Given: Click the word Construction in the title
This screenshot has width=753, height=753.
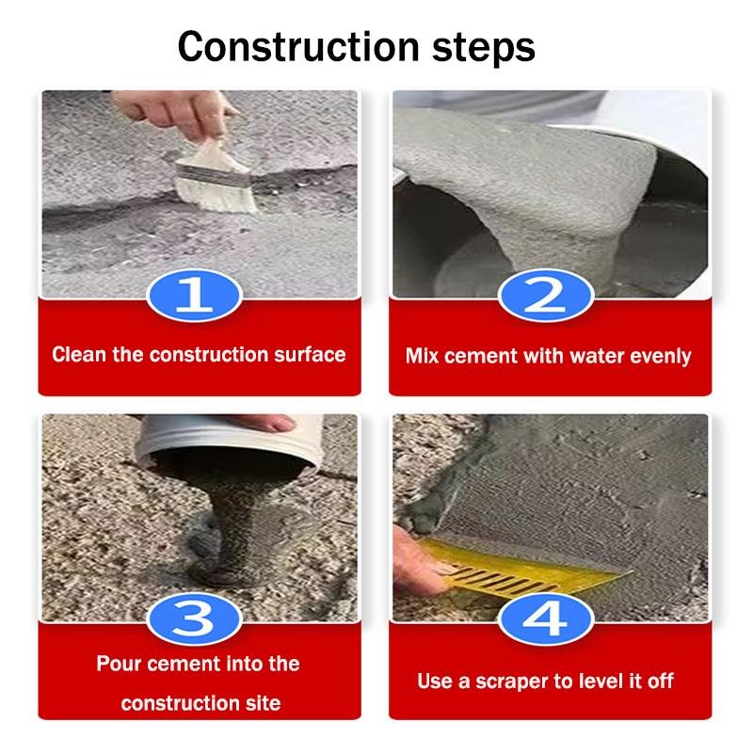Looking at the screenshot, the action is [298, 46].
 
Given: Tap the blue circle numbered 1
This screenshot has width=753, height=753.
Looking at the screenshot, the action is [194, 295].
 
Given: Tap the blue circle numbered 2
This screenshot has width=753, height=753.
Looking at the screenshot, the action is [546, 295].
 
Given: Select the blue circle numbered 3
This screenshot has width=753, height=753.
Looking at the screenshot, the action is [194, 618].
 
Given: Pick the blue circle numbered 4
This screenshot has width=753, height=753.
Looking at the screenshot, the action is [546, 618].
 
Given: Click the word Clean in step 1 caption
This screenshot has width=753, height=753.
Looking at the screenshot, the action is [79, 355].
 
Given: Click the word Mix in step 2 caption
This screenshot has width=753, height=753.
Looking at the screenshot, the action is [422, 356].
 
